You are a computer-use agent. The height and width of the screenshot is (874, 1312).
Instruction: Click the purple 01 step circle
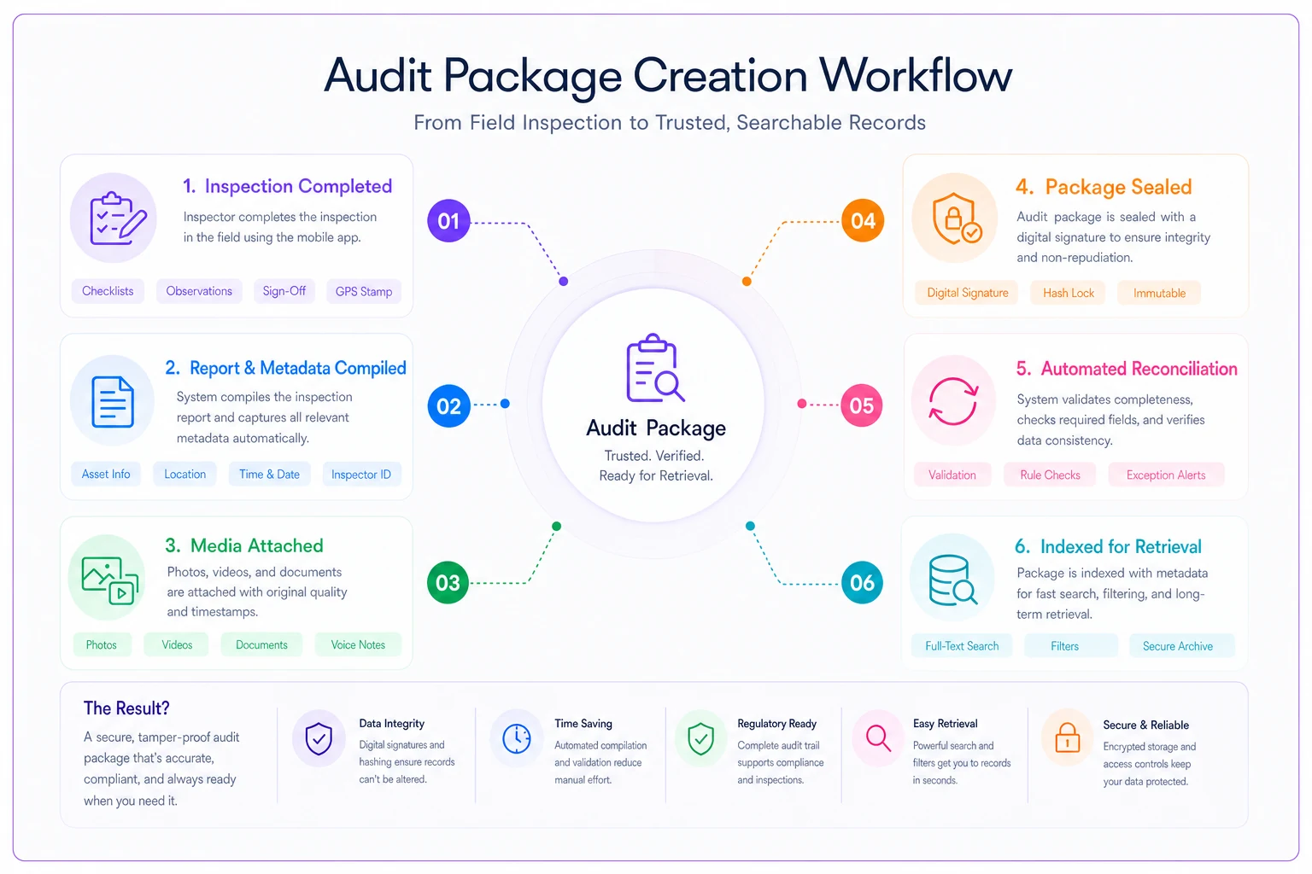(448, 221)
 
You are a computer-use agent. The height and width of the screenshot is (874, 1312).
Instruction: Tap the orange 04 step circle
(863, 221)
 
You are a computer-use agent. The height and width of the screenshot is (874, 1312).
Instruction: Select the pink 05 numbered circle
(862, 405)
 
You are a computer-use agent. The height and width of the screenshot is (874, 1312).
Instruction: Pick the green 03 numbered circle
(448, 582)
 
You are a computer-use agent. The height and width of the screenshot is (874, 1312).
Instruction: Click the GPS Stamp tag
(364, 292)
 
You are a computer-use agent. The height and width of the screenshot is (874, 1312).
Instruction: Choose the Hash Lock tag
(1069, 293)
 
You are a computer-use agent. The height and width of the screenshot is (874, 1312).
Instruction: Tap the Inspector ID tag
(361, 475)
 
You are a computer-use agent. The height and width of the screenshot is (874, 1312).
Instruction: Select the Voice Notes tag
(358, 644)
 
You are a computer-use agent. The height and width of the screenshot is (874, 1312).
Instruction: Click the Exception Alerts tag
(1166, 475)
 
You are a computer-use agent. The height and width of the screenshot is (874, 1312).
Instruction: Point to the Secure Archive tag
(1178, 646)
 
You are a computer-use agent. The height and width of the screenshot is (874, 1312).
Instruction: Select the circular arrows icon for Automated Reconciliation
(953, 401)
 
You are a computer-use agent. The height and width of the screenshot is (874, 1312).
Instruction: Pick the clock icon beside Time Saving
(517, 738)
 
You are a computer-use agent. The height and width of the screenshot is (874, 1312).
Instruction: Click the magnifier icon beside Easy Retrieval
(878, 738)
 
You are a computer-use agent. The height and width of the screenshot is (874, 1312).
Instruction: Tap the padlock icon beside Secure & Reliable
(1067, 737)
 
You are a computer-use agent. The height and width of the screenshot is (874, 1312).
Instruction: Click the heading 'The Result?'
(126, 708)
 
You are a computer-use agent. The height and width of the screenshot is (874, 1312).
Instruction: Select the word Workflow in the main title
(916, 76)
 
